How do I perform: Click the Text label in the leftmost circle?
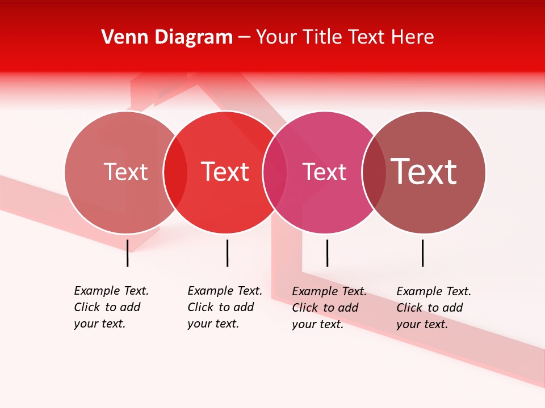coord(126,172)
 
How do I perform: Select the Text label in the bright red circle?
coord(225,172)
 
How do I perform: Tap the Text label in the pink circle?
coord(324,172)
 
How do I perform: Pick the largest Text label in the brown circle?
coord(424,172)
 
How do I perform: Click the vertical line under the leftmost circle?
coord(128,253)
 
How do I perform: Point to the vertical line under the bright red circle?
coord(227,253)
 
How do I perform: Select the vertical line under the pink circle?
coord(327,253)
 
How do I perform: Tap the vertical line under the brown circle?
coord(423,253)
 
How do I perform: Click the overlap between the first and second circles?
coord(175,172)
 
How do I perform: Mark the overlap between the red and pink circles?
coord(275,172)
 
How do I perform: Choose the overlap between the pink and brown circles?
coord(374,172)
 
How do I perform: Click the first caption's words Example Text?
coord(111,291)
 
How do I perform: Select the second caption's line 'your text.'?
coord(213,324)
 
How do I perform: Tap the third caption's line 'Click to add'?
coord(325,308)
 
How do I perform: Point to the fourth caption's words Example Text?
coord(434,291)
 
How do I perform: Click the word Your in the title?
coord(276,37)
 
